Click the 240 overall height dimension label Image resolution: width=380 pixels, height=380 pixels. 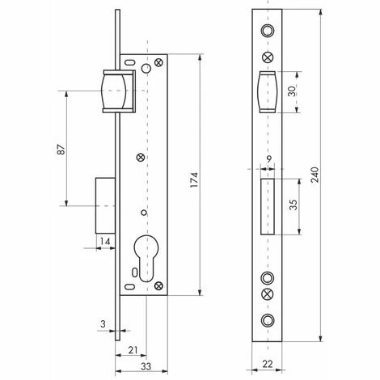[315, 175]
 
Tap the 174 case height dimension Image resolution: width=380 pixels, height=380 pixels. [194, 179]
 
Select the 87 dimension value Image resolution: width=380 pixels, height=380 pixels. [61, 150]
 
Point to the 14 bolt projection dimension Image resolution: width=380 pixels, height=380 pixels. [105, 241]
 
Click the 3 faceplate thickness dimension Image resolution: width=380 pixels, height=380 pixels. [103, 324]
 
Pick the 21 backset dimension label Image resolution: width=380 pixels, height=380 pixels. [133, 350]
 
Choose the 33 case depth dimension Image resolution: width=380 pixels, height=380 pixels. [146, 366]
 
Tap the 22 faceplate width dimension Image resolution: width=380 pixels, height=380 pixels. [268, 364]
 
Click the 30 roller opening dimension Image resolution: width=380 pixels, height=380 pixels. [292, 91]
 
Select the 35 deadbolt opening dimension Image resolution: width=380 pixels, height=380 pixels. [293, 205]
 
